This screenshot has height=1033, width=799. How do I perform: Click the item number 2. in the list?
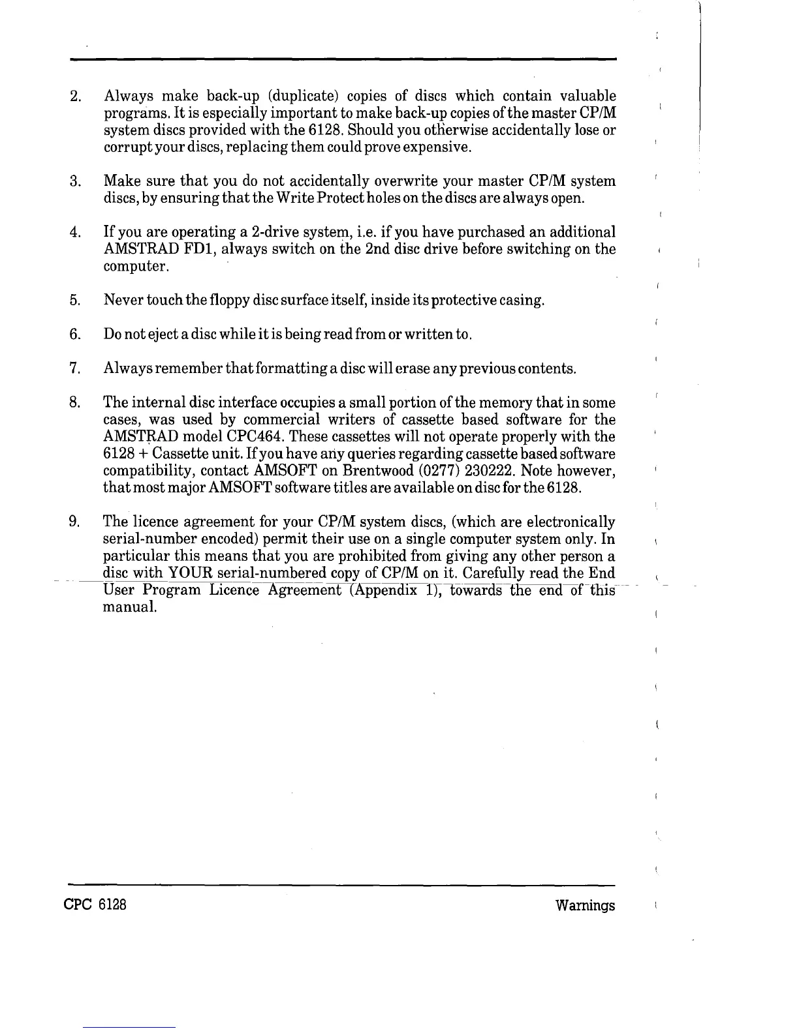pyautogui.click(x=74, y=97)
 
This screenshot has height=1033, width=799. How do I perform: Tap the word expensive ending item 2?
pyautogui.click(x=437, y=147)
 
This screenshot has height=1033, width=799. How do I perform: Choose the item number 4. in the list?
pyautogui.click(x=74, y=232)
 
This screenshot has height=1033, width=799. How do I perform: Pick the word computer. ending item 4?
pyautogui.click(x=137, y=267)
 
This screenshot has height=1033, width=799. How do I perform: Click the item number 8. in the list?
pyautogui.click(x=74, y=403)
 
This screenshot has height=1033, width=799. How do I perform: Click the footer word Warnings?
pyautogui.click(x=585, y=906)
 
